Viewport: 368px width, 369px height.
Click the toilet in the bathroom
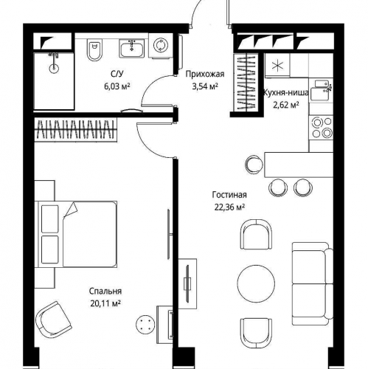[x=94, y=50]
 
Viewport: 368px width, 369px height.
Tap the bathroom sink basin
[x=132, y=49]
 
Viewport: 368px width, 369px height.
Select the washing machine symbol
[x=161, y=46]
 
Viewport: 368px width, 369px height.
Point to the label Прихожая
[x=205, y=74]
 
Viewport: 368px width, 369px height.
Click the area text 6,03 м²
[x=117, y=86]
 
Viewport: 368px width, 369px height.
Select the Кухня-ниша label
[x=286, y=93]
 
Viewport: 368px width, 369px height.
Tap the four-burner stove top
[x=322, y=127]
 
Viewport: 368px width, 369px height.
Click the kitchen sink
[x=322, y=90]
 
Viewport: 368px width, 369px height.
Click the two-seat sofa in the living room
[x=313, y=284]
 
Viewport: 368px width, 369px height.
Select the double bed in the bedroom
[x=76, y=234]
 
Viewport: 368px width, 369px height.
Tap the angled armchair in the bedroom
[x=54, y=320]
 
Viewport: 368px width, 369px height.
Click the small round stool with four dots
[x=145, y=324]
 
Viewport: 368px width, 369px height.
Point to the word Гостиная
[x=229, y=195]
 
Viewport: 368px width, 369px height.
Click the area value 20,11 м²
[x=105, y=303]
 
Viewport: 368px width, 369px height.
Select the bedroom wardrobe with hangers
[x=76, y=129]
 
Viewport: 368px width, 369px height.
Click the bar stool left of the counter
[x=254, y=165]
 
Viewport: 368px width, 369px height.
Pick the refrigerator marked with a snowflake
[x=277, y=66]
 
